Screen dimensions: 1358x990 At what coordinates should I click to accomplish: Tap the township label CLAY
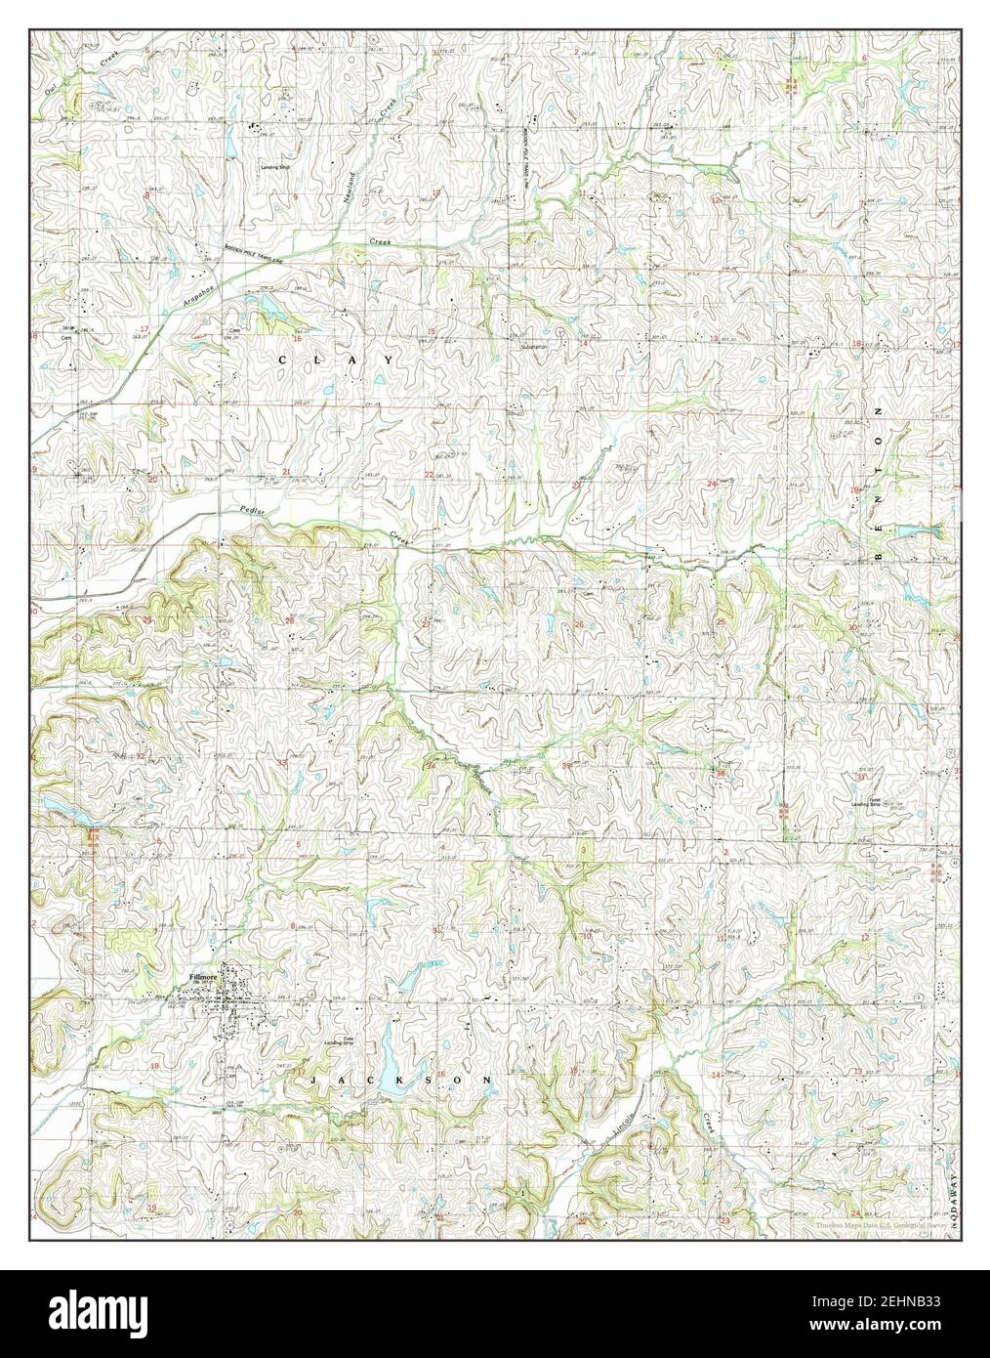[337, 361]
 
